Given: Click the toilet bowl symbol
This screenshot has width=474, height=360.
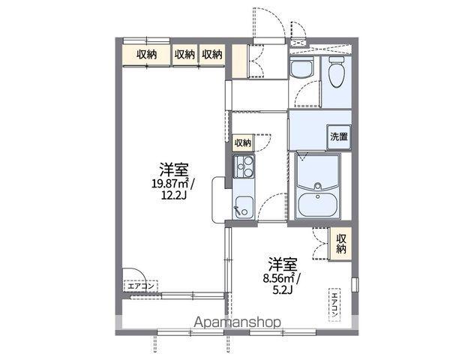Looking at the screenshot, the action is (337, 73).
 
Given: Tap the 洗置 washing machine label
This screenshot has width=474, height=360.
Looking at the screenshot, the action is (339, 137).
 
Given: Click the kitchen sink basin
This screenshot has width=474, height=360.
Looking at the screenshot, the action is (244, 207).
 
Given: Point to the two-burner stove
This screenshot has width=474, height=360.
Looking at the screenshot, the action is (244, 166).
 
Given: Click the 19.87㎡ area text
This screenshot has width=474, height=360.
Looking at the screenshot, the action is (170, 184).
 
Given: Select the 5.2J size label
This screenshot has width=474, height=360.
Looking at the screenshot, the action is (282, 289).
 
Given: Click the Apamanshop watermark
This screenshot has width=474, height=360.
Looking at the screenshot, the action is (237, 322).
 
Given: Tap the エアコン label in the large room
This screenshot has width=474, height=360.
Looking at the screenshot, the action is (141, 286).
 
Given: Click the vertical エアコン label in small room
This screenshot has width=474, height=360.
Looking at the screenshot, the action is (334, 305).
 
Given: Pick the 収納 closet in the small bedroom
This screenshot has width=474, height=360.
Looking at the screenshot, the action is (341, 244).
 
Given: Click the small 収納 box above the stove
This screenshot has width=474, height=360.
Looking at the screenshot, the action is (243, 142).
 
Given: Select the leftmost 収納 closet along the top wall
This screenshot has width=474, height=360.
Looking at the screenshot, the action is (146, 55).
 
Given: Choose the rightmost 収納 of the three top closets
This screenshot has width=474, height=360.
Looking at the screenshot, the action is (212, 55).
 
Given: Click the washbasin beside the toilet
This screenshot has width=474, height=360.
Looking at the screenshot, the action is (301, 67).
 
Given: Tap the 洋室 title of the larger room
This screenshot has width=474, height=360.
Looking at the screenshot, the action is (174, 169).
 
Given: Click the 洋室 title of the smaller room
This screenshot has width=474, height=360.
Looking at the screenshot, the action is (283, 264).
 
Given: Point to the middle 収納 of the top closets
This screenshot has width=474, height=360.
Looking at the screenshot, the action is (184, 55).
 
